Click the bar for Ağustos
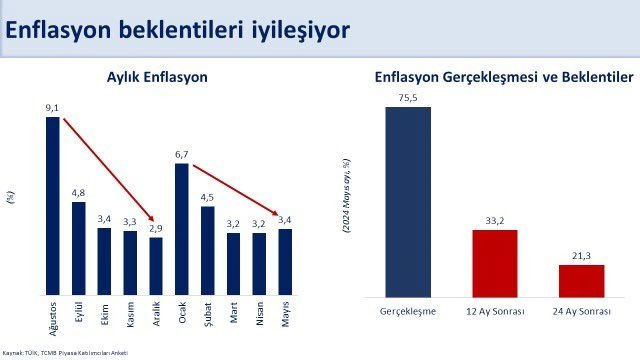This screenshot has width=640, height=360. pos(52,206)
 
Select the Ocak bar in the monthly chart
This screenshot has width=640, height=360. pos(181,229)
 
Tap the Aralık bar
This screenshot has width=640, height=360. pos(156,266)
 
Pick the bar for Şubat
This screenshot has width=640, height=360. pos(207,250)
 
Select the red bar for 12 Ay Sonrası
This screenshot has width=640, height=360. pos(494,263)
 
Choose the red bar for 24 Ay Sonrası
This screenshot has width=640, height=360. pos(581,281)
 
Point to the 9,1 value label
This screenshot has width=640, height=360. pos(52,107)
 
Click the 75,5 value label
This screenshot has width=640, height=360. pos(407,97)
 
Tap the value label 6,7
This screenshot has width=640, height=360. pos(181,154)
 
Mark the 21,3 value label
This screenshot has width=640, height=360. pos(581,256)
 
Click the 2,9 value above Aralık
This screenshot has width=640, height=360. pos(156,228)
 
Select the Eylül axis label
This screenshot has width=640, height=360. pos(78,314)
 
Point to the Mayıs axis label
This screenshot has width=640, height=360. pos(285,314)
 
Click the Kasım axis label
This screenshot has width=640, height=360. pos(130,314)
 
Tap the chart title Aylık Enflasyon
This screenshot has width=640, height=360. pos(157,77)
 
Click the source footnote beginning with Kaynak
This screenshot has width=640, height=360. pos(65,353)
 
